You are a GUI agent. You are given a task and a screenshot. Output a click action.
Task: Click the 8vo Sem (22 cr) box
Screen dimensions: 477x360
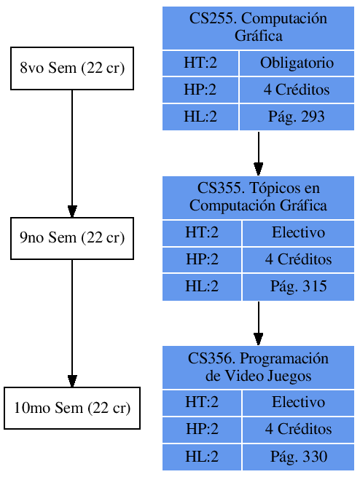point(71,69)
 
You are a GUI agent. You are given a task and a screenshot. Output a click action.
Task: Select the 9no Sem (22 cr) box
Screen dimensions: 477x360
point(71,238)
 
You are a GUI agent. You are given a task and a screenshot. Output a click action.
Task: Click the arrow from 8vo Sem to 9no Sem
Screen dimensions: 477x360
point(71,153)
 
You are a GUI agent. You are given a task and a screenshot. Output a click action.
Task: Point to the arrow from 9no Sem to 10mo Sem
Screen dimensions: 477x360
point(71,323)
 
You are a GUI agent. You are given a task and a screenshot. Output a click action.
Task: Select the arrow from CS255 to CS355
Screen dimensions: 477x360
point(258,154)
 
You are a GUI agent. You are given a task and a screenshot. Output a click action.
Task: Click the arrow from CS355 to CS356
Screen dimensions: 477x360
point(258,323)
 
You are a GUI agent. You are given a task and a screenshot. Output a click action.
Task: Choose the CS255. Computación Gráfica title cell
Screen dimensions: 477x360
point(258,28)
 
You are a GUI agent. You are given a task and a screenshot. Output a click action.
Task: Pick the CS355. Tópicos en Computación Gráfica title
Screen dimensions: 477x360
point(258,197)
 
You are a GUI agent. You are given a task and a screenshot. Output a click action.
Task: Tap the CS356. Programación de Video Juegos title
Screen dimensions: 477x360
point(258,367)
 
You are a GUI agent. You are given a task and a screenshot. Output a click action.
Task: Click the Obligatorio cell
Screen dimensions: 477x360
point(297,63)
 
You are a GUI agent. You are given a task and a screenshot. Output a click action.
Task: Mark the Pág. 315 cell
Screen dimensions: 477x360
point(298,287)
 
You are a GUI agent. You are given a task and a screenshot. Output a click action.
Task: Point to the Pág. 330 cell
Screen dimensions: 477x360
point(298,457)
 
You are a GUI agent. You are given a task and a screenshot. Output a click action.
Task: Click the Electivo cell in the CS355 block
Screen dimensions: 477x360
point(298,233)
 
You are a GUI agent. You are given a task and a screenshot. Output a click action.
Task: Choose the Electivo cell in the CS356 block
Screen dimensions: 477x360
point(298,402)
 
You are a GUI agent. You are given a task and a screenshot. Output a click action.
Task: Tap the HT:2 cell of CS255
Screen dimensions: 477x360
point(200,63)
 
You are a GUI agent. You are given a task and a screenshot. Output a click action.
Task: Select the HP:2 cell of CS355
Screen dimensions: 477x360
point(202,260)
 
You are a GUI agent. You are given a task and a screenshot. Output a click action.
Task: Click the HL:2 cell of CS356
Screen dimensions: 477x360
point(202,457)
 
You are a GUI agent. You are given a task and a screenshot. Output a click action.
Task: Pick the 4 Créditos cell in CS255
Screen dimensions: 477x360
point(297,90)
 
